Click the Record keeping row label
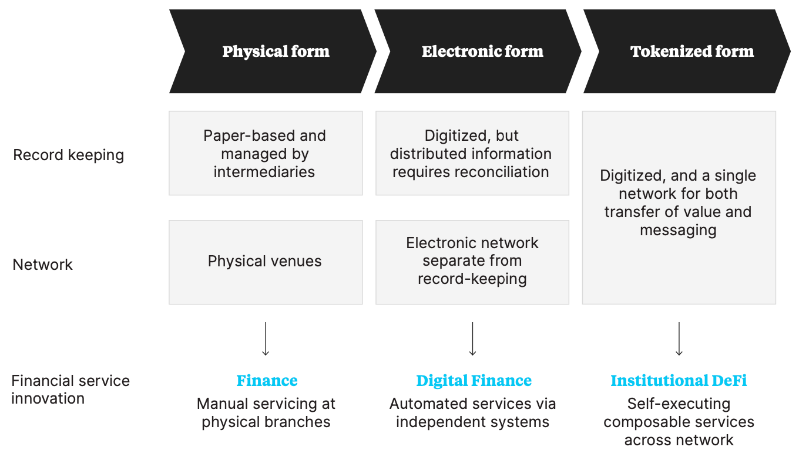68,155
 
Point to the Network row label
42,265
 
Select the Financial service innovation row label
70,390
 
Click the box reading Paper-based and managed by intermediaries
265,153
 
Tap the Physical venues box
265,262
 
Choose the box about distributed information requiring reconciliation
471,153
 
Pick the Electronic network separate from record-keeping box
472,262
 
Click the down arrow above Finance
266,339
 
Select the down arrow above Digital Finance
472,339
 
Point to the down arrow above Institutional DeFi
679,339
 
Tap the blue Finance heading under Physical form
267,381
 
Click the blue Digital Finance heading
474,381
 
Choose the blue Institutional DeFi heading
679,381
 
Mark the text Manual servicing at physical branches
266,413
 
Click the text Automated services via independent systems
472,413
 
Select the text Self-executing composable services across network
679,422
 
